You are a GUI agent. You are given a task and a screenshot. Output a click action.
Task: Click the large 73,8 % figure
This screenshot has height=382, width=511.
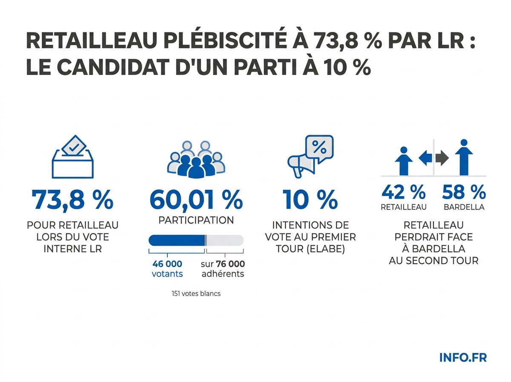(72, 200)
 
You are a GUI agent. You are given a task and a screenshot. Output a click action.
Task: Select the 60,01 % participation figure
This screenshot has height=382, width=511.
(196, 200)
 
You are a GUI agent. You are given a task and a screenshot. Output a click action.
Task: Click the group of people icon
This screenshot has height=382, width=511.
(196, 159)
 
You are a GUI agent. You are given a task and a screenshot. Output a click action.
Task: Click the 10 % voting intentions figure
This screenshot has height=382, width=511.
(310, 200)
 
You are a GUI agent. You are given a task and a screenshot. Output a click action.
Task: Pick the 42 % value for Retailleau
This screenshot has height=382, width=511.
(403, 193)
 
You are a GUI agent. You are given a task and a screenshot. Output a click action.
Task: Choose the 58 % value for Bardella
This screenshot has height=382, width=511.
(464, 193)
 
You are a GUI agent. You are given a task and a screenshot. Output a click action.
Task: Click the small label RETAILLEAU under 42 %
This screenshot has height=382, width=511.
(403, 207)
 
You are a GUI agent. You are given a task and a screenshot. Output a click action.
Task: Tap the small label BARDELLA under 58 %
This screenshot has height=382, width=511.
(464, 207)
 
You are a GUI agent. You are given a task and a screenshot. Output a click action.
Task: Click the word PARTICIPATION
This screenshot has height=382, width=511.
(196, 220)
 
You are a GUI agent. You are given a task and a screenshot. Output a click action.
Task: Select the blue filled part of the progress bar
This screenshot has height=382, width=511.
(177, 240)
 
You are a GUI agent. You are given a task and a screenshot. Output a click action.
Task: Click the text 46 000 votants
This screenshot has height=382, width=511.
(167, 269)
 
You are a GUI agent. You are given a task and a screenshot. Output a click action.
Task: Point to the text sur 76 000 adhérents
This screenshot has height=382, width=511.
(223, 269)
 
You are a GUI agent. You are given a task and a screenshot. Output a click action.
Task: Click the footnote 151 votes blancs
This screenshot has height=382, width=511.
(196, 294)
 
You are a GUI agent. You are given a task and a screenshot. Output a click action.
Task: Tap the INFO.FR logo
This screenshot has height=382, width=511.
(462, 357)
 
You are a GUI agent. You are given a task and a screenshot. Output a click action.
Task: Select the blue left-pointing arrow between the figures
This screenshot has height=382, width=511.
(425, 159)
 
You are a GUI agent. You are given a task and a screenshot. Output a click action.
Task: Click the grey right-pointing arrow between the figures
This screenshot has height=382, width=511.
(442, 159)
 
